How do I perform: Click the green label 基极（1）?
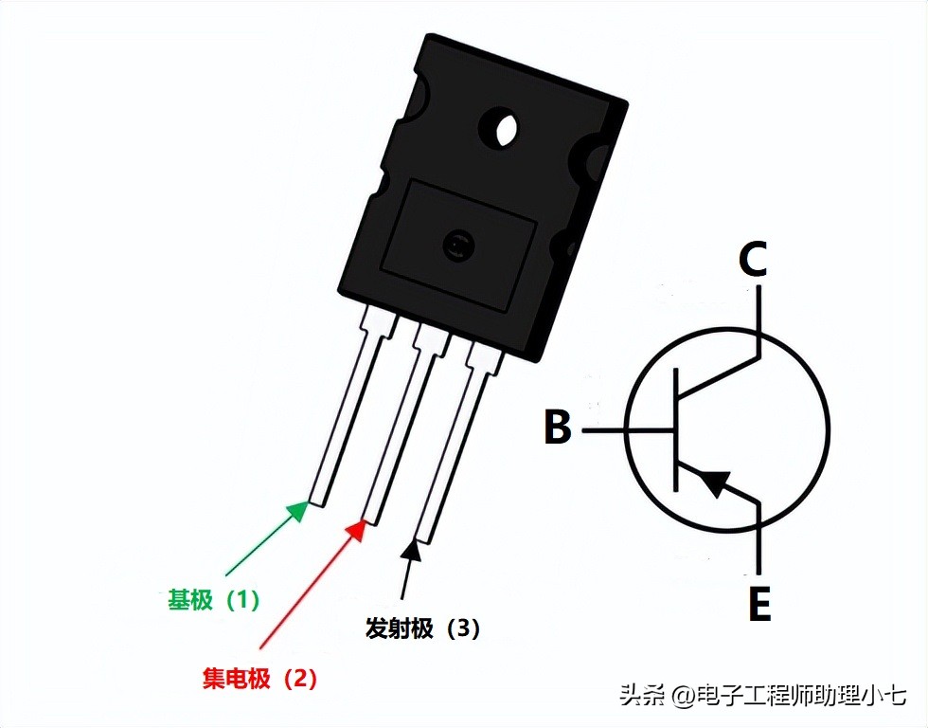(213, 600)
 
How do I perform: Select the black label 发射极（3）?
(422, 628)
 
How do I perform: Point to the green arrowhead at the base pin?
(298, 512)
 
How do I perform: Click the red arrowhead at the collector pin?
(356, 528)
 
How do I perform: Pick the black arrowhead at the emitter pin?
(411, 549)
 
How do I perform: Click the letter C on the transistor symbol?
(753, 260)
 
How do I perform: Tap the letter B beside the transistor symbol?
(558, 428)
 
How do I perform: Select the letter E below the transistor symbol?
(759, 604)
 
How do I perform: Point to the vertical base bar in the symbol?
(677, 430)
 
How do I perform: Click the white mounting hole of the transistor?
(503, 129)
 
